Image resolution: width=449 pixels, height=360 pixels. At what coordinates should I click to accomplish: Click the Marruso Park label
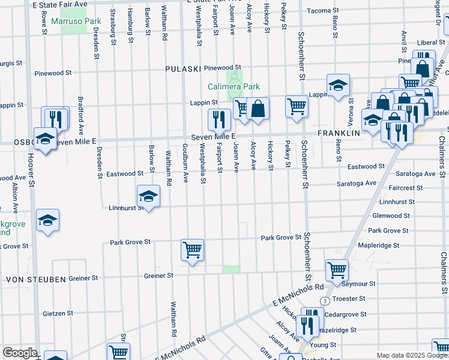click(76, 22)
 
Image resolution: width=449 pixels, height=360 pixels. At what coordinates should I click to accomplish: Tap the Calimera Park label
click(233, 86)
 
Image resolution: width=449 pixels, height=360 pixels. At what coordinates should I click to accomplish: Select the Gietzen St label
click(58, 313)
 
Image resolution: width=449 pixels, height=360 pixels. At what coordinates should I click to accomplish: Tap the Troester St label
click(349, 299)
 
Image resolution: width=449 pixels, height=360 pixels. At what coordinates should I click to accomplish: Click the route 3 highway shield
click(324, 300)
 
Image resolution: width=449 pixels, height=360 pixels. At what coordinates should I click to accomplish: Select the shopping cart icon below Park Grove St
click(192, 249)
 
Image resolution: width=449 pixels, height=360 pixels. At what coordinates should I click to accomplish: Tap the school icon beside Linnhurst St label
click(148, 196)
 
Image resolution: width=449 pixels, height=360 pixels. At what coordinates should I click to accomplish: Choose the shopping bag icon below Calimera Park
click(258, 109)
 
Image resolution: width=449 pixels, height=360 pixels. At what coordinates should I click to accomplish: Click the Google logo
click(20, 353)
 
